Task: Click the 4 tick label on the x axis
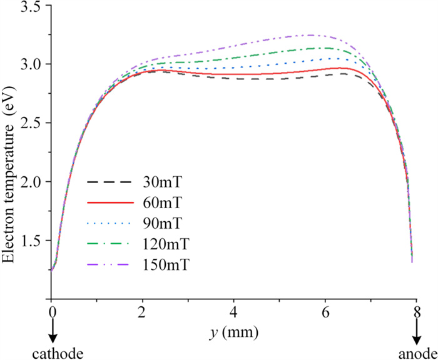click(x=233, y=311)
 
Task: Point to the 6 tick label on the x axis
click(x=325, y=311)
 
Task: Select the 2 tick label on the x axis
click(x=143, y=311)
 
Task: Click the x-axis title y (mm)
click(x=232, y=329)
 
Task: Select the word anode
click(x=414, y=354)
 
